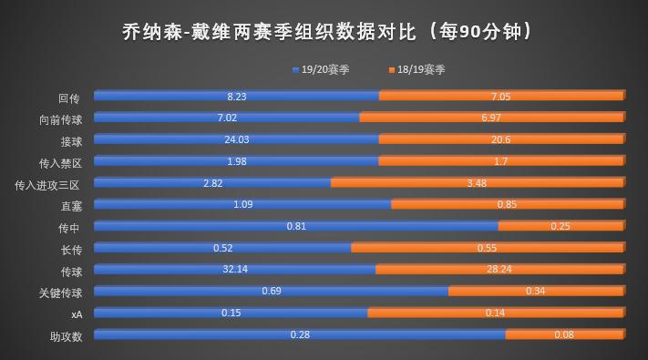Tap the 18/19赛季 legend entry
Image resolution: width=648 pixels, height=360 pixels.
(417, 69)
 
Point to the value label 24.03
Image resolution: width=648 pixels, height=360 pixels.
(237, 139)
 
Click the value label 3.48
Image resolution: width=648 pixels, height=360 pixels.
(476, 183)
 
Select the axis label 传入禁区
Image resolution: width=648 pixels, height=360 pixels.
(60, 162)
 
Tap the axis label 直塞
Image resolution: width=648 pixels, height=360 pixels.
(70, 206)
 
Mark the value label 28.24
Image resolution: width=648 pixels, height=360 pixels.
(499, 270)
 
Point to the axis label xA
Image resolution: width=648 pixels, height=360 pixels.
(77, 314)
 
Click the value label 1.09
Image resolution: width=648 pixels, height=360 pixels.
(242, 204)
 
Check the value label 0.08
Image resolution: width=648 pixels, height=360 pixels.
(564, 334)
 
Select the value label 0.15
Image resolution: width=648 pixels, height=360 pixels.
(231, 313)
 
